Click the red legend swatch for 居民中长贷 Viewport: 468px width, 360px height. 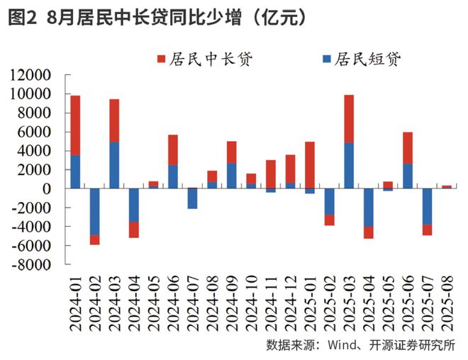click(160, 59)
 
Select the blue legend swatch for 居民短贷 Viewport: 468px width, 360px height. click(326, 59)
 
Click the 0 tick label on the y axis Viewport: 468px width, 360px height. click(47, 189)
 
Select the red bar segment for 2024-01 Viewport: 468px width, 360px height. click(75, 125)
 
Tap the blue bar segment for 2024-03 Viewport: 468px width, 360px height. click(114, 165)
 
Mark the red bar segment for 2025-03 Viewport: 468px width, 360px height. click(349, 118)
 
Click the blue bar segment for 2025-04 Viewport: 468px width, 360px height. click(368, 207)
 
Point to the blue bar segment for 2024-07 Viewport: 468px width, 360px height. click(192, 198)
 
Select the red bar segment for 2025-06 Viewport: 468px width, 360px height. click(408, 147)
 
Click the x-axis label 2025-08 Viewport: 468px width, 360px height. click(447, 301)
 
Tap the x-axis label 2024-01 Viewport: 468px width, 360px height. click(75, 301)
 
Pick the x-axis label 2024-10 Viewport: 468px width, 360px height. click(251, 301)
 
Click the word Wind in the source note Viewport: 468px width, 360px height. click(341, 345)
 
